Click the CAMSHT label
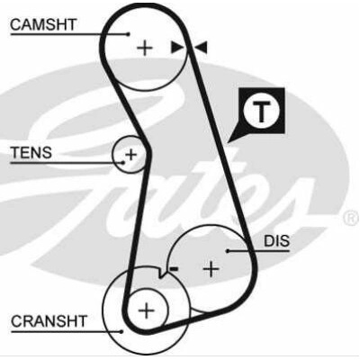coord(43,24)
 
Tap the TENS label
coord(31,153)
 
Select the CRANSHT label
coord(49,321)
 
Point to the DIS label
coord(276,241)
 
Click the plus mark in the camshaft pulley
coord(145,48)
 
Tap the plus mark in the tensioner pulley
coord(130,155)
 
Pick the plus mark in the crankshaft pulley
coord(147,310)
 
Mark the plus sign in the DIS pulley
coord(211,268)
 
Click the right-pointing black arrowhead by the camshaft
coord(176,48)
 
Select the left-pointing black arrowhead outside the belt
coord(202,48)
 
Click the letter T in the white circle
coord(262,112)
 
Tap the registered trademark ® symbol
coord(351,219)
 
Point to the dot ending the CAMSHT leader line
coord(129,34)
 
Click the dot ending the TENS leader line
coord(123,163)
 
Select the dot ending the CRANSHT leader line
coord(121,331)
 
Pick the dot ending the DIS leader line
coord(228,251)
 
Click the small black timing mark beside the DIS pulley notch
coord(174,269)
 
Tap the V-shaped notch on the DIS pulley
coord(162,274)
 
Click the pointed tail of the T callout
coord(229,142)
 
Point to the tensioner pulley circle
coord(112,155)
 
